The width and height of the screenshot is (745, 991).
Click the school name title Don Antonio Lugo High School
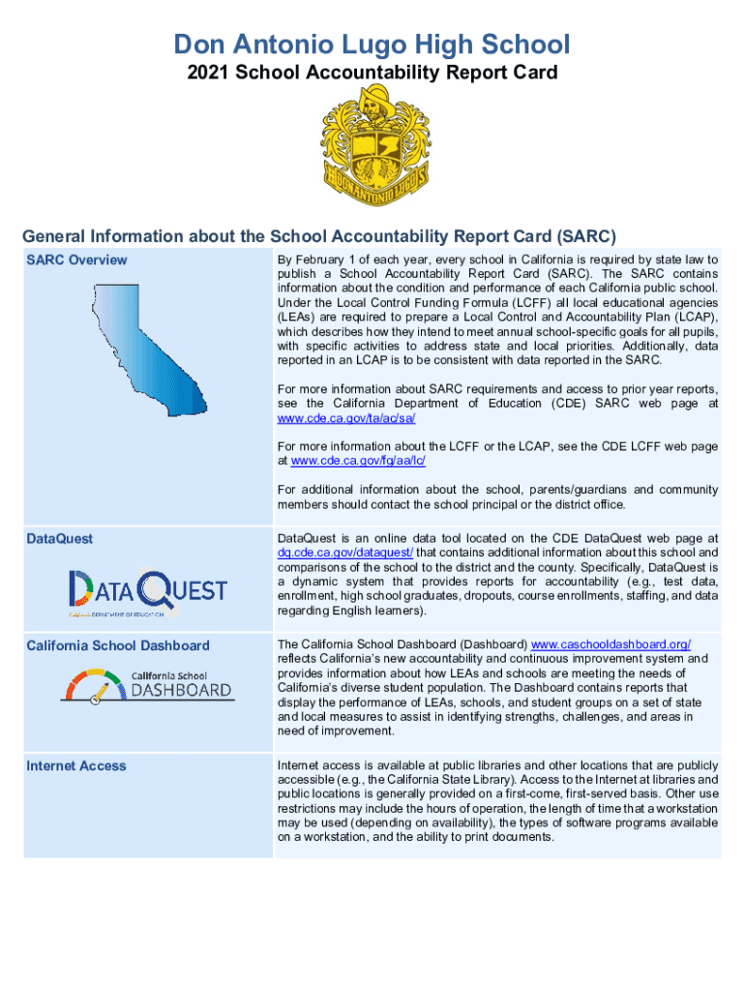point(372,44)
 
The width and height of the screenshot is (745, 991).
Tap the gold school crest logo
point(372,145)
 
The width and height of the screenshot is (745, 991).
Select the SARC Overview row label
point(76,259)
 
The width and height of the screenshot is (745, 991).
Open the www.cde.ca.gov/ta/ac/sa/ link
point(346,418)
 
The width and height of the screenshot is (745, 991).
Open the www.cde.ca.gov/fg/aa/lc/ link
point(358,461)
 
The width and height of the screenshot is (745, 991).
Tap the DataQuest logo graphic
point(147,590)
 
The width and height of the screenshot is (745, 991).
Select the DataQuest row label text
point(59,539)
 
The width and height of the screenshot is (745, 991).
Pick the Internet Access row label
point(75,766)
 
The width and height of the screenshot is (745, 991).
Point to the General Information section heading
point(319,236)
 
